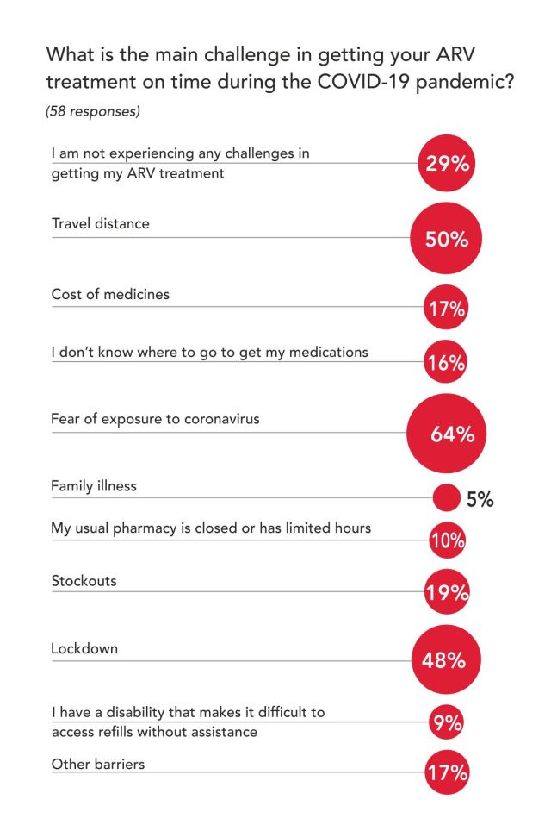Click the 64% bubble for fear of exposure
tap(446, 434)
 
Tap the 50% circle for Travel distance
tap(447, 239)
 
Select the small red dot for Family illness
tap(446, 498)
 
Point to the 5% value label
tap(480, 499)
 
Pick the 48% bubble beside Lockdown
tap(446, 659)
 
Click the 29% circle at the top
tap(447, 163)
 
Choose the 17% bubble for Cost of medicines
tap(447, 309)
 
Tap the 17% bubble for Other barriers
tap(447, 773)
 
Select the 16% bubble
tap(447, 363)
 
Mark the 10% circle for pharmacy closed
tap(447, 541)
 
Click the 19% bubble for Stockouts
tap(447, 592)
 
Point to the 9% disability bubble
tap(447, 723)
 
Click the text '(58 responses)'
tap(92, 112)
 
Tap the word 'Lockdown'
tap(84, 648)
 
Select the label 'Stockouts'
tap(84, 580)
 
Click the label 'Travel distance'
tap(100, 224)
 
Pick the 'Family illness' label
tap(94, 486)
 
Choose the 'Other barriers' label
tap(98, 763)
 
